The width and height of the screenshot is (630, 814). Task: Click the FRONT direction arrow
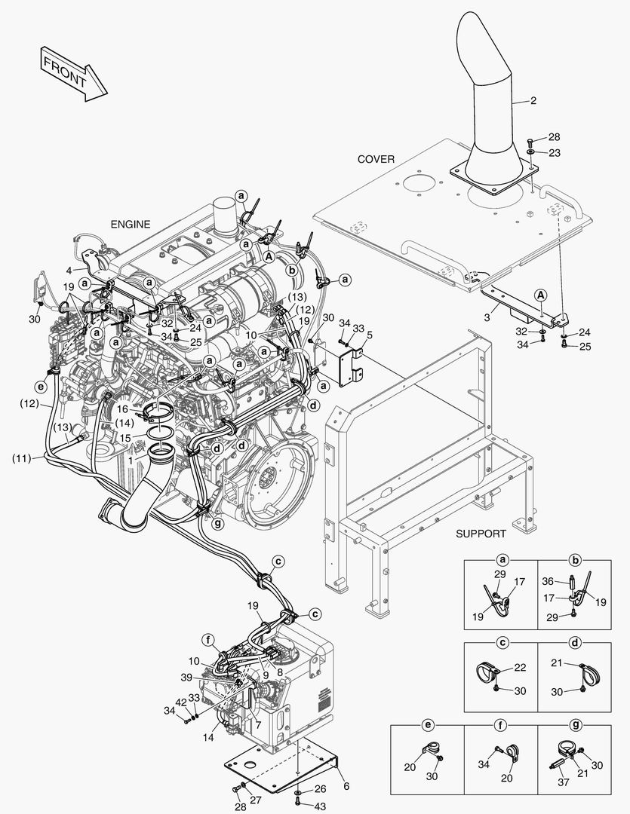[73, 72]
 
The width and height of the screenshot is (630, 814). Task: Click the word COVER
[376, 159]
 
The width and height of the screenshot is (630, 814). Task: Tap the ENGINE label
[131, 224]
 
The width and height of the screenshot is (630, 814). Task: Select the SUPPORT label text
[481, 534]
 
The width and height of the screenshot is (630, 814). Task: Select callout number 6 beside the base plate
[346, 785]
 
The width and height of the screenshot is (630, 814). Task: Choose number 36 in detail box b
[549, 581]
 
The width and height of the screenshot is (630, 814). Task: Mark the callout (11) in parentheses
[23, 458]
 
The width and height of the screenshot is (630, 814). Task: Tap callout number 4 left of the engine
[69, 269]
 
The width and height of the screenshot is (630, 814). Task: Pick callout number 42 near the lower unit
[181, 702]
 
